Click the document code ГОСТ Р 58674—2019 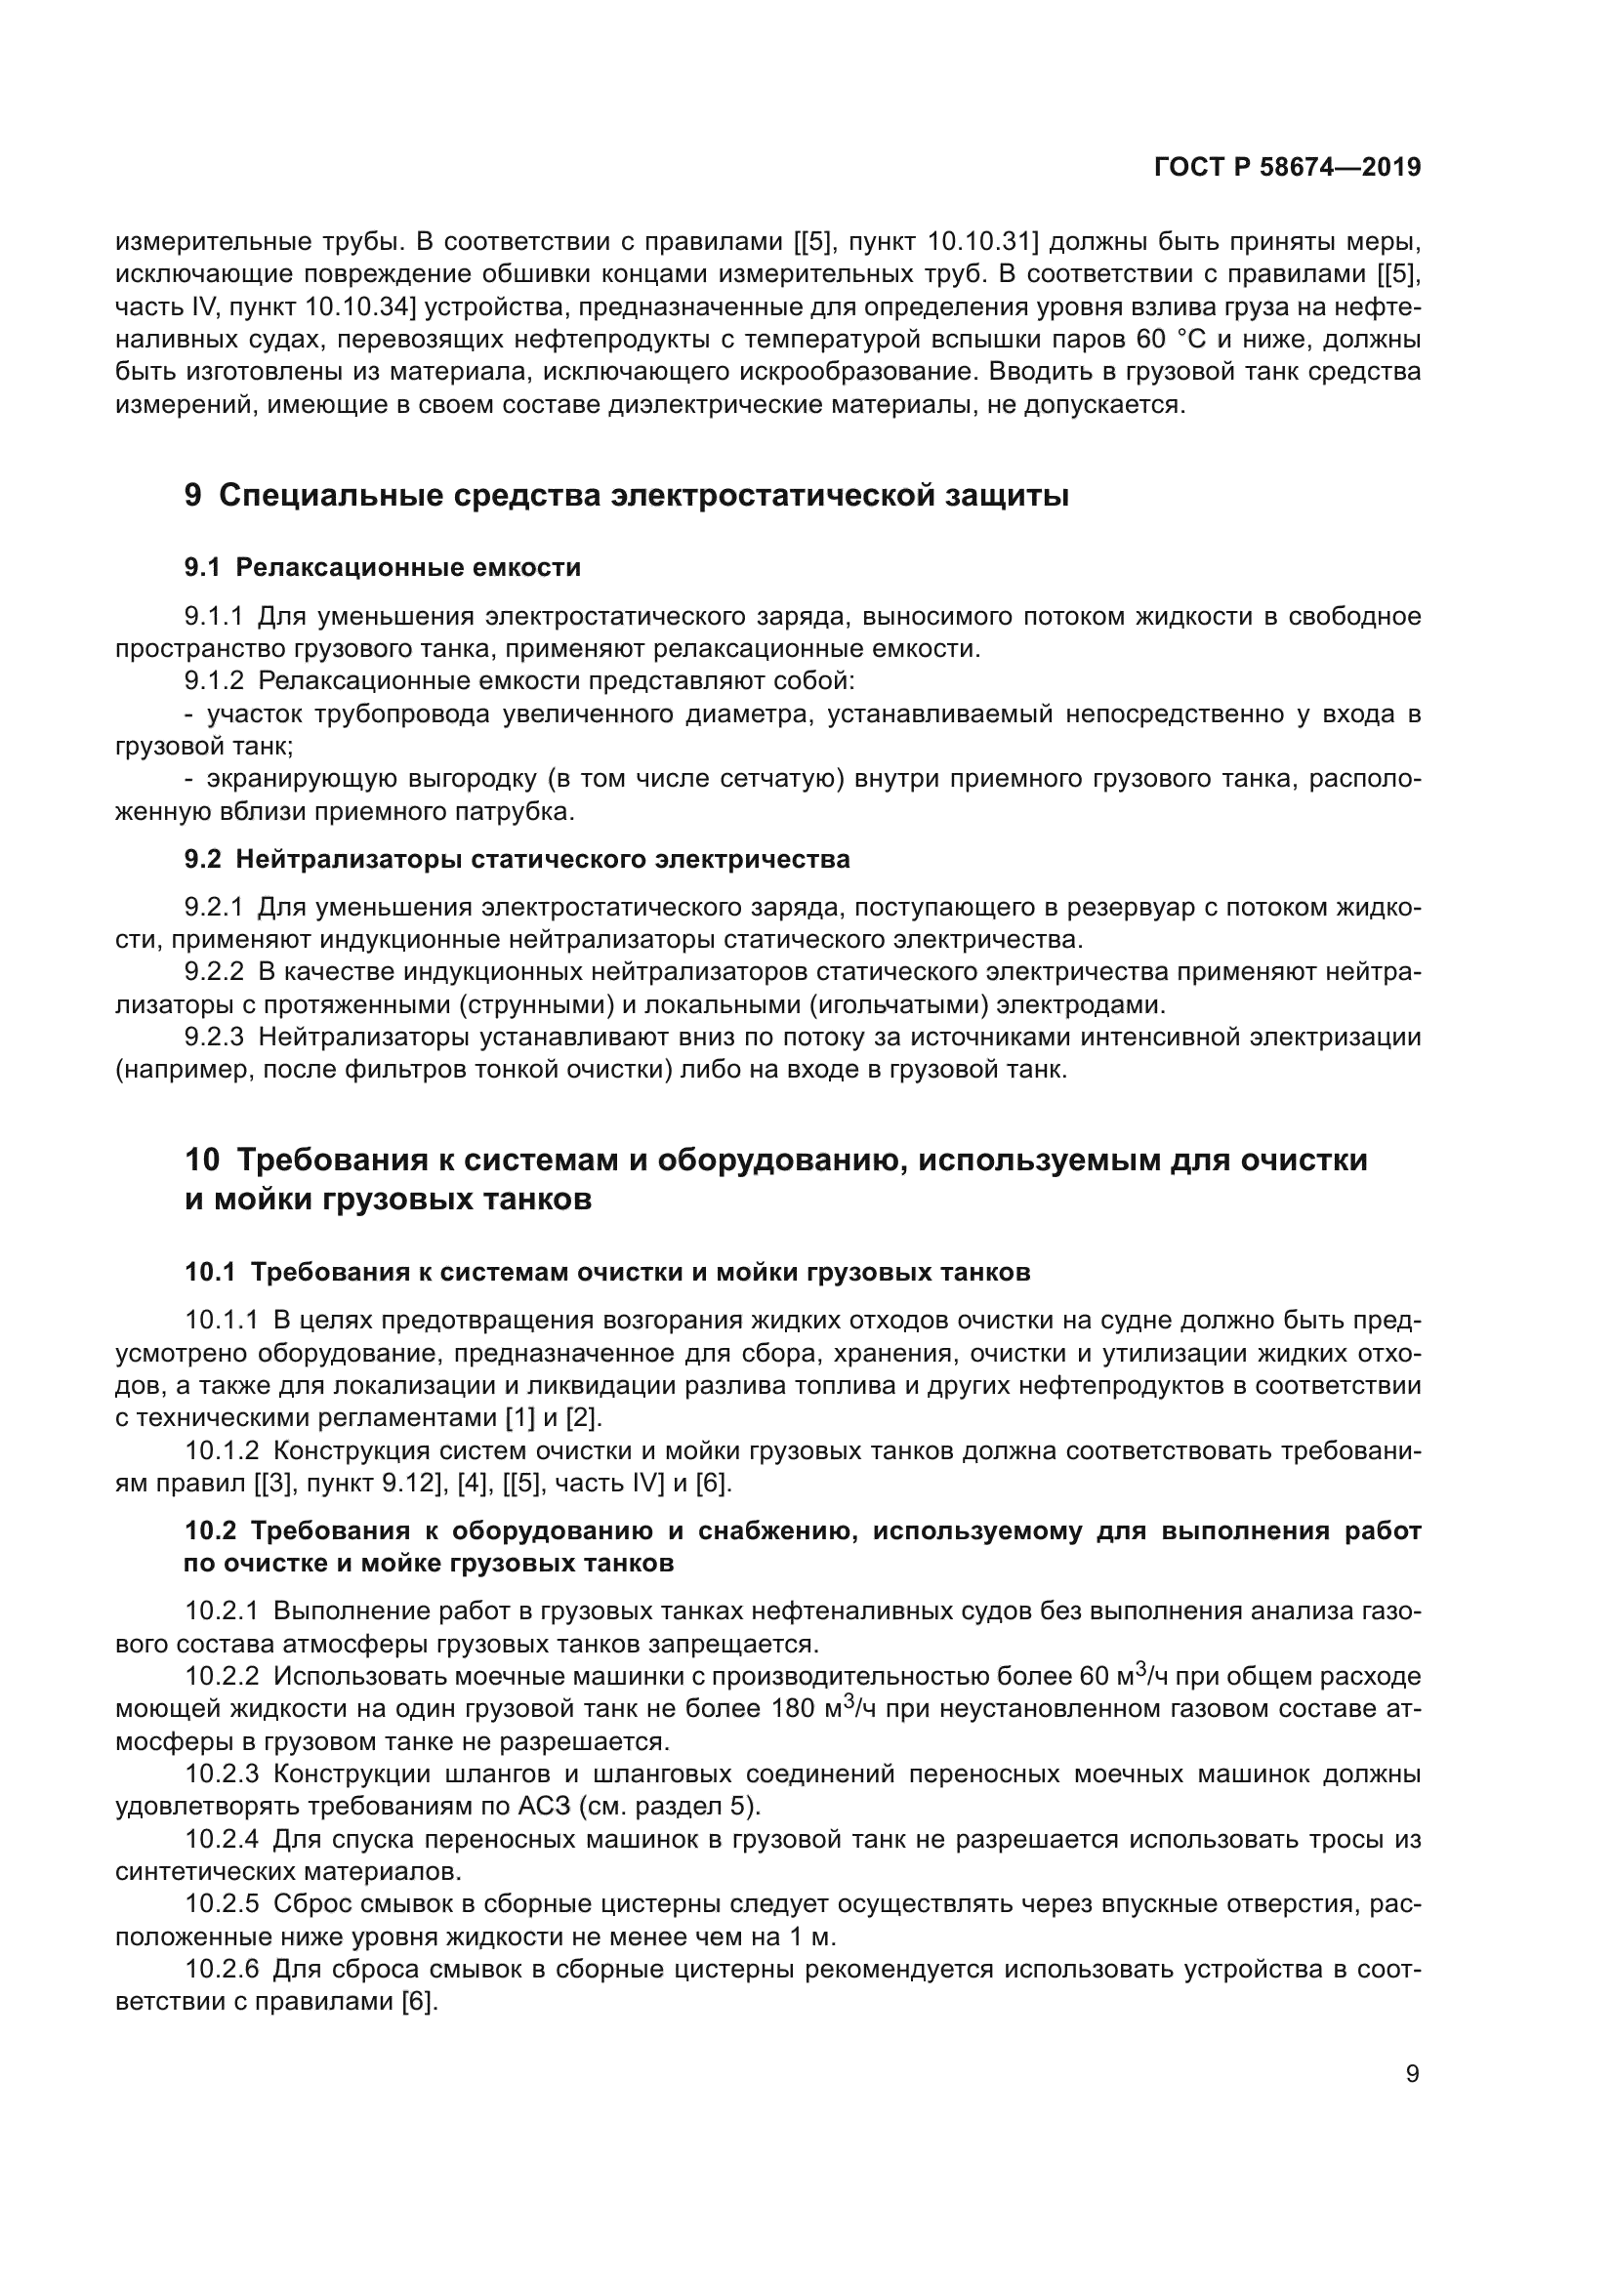[1287, 167]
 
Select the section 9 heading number [193, 494]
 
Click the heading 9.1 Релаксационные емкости [382, 568]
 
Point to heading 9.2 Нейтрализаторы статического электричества [517, 859]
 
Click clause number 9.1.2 [214, 681]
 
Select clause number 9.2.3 [214, 1038]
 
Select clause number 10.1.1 [221, 1320]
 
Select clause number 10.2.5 [221, 1904]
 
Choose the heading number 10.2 [209, 1531]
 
